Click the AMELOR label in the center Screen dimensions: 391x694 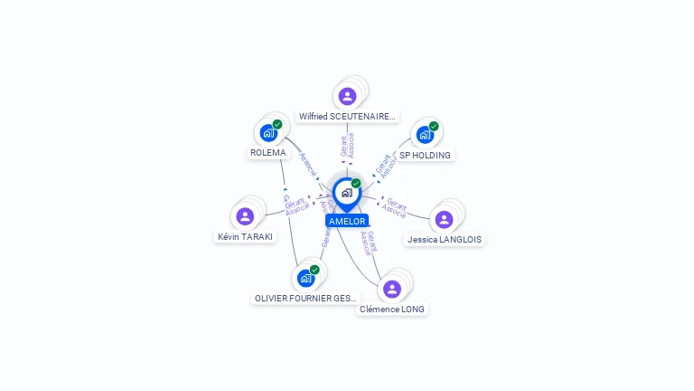[x=347, y=221]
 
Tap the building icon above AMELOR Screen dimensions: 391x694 [x=346, y=193]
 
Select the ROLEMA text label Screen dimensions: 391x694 [x=267, y=153]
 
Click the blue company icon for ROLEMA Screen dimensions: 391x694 [x=268, y=133]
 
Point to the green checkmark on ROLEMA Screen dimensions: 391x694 [x=277, y=124]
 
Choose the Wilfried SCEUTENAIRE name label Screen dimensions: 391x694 [x=347, y=117]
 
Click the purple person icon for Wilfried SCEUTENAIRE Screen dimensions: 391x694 [x=347, y=96]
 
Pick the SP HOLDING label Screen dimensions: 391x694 [x=425, y=155]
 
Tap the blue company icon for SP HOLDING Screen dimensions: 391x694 [x=425, y=135]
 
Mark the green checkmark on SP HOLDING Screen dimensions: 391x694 [x=434, y=126]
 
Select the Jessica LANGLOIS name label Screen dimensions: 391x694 [x=445, y=240]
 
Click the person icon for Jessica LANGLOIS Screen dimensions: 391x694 [x=444, y=219]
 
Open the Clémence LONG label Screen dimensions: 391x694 [x=392, y=309]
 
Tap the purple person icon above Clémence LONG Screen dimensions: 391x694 [x=391, y=289]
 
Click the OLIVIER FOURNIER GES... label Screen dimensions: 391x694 [x=305, y=298]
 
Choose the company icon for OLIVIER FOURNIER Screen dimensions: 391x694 [x=305, y=278]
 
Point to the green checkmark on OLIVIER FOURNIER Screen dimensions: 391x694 [x=314, y=269]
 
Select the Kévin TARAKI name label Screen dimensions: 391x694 [x=245, y=236]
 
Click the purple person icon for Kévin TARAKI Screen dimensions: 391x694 [x=245, y=216]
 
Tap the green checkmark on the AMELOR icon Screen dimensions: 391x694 [x=356, y=183]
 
